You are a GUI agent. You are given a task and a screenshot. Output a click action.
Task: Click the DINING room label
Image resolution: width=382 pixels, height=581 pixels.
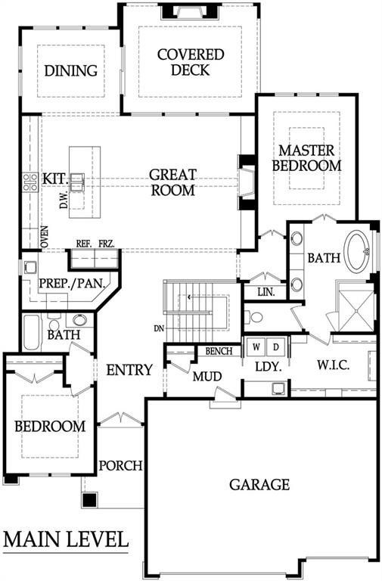71,71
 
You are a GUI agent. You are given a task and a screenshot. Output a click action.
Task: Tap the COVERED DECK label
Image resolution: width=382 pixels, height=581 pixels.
190,63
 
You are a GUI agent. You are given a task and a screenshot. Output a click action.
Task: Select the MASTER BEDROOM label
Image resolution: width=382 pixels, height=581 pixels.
306,157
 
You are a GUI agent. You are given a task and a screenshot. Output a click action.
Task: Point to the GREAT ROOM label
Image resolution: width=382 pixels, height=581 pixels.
172,182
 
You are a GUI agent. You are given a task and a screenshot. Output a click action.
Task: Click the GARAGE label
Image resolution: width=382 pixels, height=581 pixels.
259,484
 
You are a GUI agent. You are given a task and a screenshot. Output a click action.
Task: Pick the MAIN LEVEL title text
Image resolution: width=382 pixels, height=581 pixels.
65,540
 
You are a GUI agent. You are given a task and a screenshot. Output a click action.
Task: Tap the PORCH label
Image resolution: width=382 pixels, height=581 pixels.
120,465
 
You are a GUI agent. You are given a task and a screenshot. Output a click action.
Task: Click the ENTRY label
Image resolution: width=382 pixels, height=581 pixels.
129,371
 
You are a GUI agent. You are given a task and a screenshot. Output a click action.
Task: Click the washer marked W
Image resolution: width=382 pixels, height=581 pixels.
256,347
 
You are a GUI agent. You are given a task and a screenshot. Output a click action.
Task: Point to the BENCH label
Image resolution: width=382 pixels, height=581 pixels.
219,352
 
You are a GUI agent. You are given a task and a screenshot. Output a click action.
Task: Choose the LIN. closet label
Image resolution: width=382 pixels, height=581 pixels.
265,291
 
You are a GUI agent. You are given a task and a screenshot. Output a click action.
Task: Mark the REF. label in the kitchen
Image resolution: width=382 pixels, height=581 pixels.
83,244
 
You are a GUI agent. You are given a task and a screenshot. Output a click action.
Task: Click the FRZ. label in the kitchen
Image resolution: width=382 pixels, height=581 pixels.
105,244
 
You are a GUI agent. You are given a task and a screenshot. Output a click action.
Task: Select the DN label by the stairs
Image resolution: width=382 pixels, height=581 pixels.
157,328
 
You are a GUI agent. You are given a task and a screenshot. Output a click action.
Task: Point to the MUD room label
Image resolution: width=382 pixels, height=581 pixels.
205,376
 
